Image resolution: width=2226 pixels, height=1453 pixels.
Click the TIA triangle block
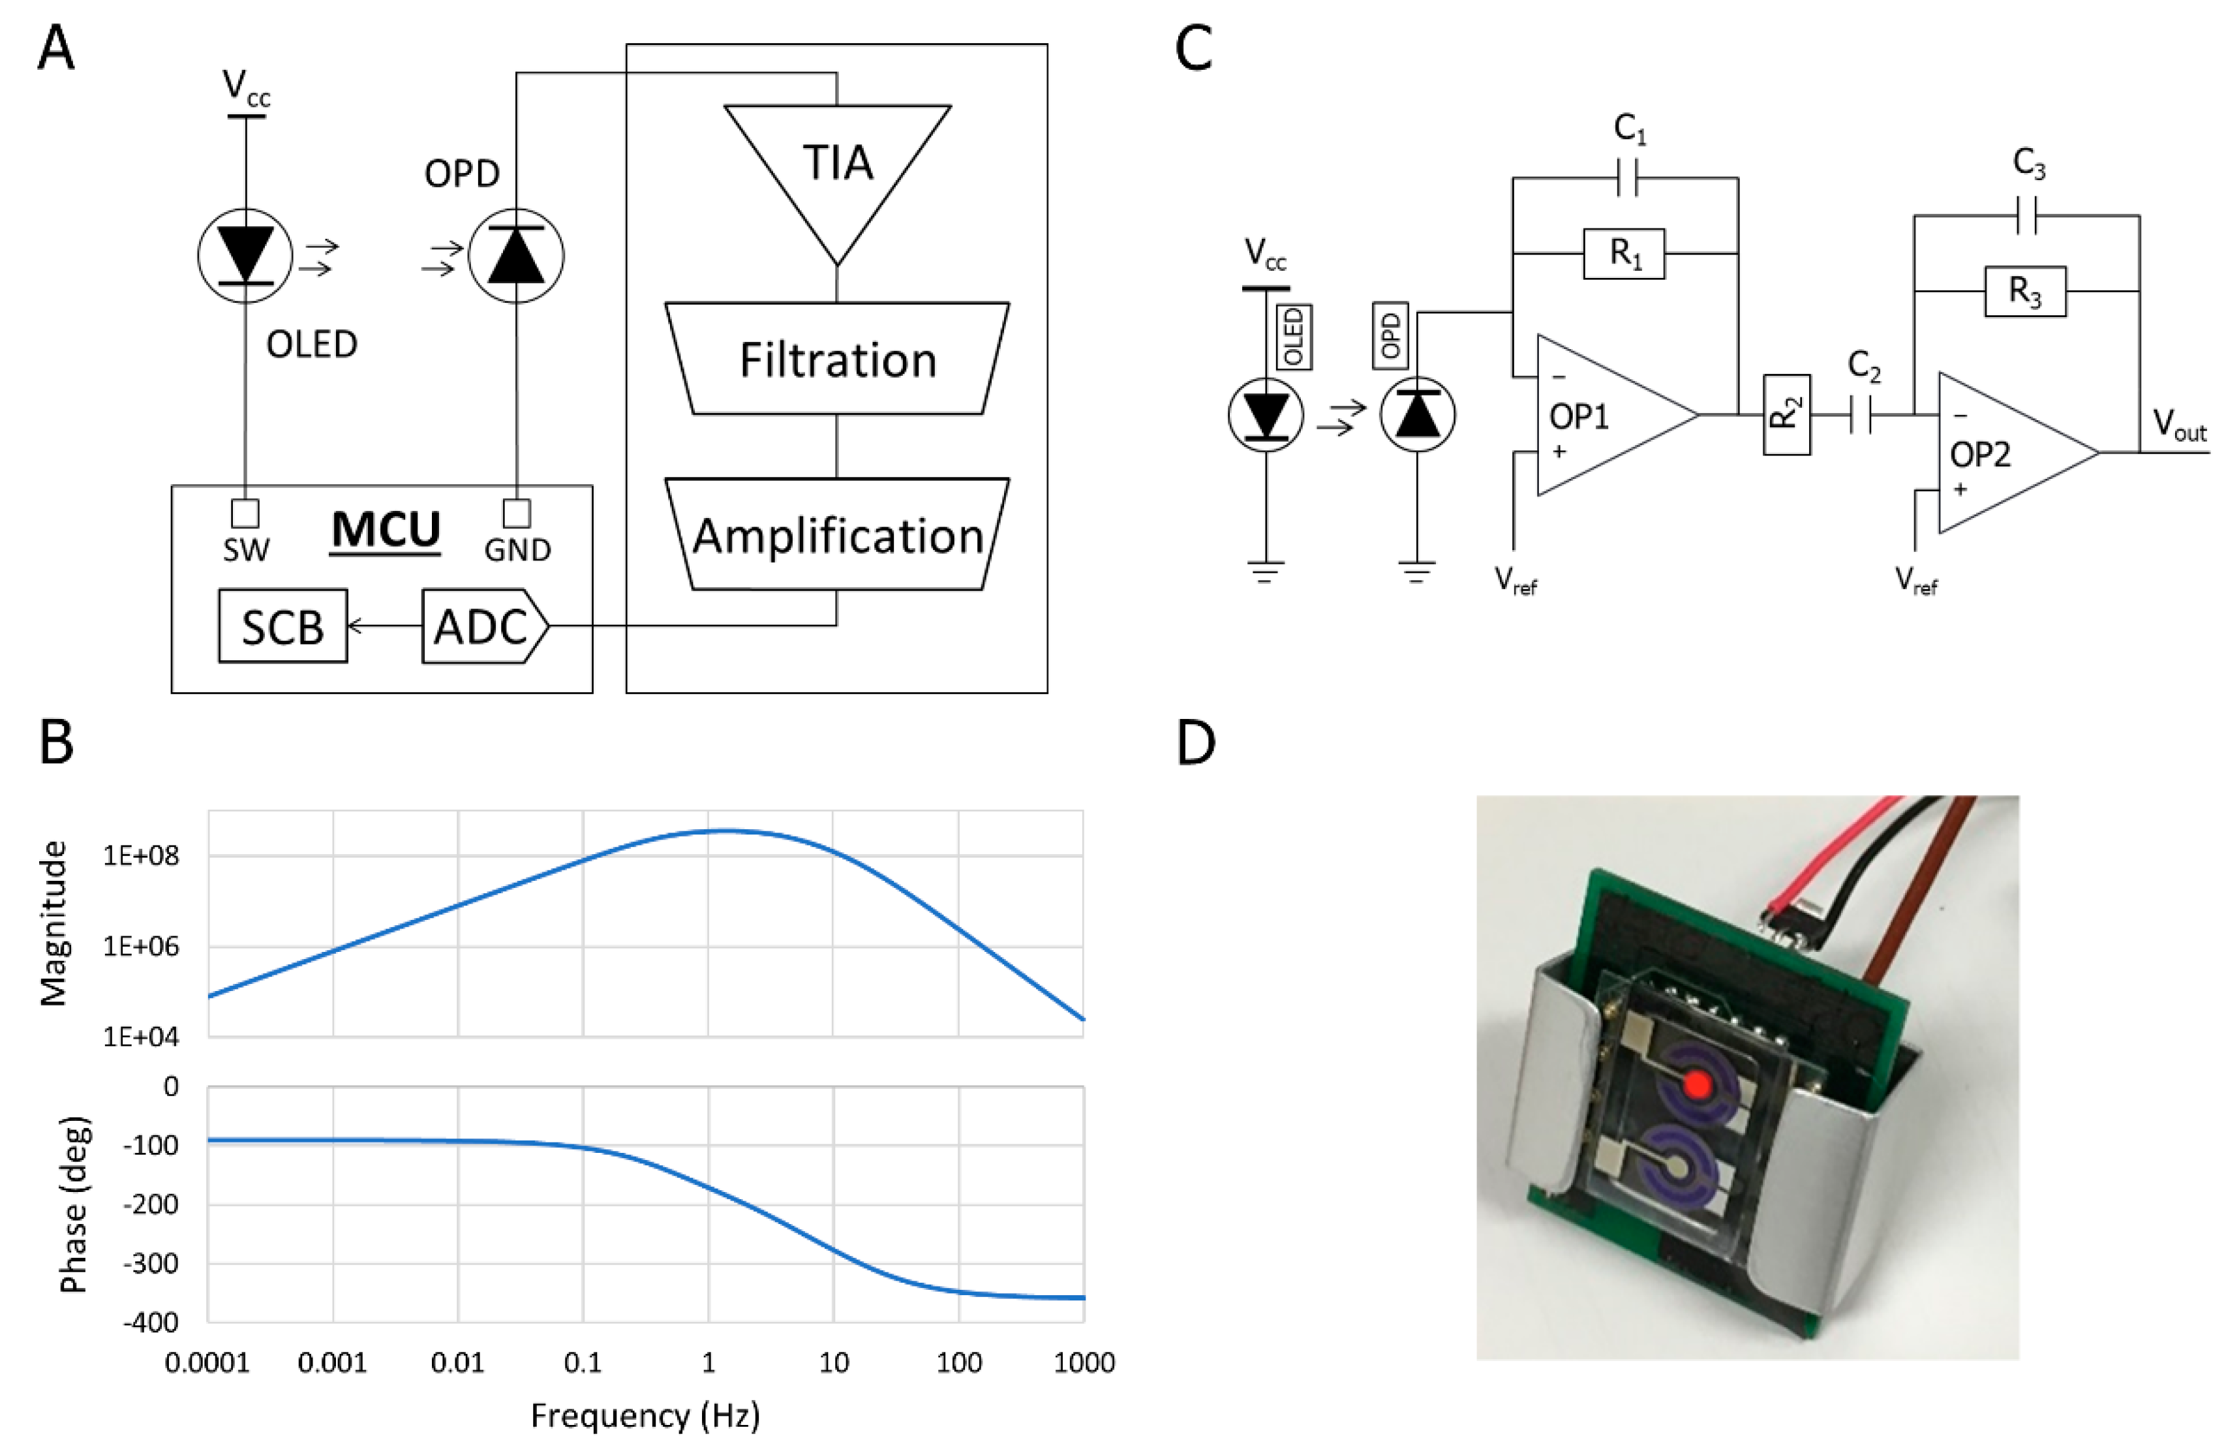[x=837, y=168]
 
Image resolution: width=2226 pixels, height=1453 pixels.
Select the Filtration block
[x=837, y=359]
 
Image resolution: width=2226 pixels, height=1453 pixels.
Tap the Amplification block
[x=837, y=535]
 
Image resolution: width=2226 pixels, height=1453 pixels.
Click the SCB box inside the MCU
[x=282, y=626]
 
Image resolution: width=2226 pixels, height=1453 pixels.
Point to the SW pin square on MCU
[x=245, y=513]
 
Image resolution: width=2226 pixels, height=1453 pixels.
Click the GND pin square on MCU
[x=516, y=513]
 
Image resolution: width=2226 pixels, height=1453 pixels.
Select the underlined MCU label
[x=386, y=530]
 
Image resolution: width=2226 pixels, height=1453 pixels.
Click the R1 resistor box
[x=1624, y=252]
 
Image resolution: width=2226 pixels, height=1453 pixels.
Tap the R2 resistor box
[x=1786, y=414]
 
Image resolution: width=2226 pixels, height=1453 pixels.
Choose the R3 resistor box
[x=2025, y=291]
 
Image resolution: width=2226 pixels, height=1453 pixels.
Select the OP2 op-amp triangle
[x=2002, y=453]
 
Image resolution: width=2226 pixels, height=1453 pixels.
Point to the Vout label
[x=2178, y=425]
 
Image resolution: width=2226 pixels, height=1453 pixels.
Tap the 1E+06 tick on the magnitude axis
[x=140, y=947]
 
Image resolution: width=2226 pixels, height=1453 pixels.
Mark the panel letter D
[x=1195, y=744]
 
